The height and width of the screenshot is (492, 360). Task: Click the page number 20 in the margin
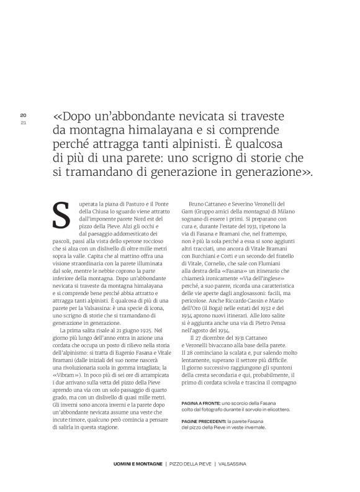pos(23,115)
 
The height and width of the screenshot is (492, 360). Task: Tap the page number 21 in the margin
pos(23,122)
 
